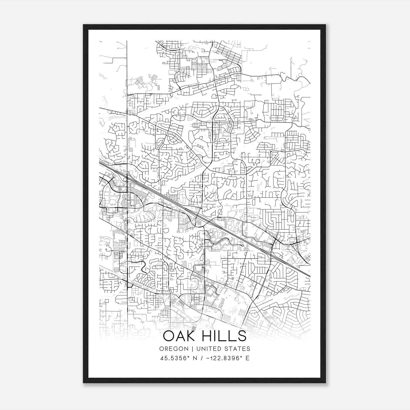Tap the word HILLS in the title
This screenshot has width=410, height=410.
click(x=224, y=336)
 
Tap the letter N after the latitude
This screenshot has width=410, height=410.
click(x=195, y=358)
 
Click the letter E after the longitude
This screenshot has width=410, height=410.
click(x=247, y=358)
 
